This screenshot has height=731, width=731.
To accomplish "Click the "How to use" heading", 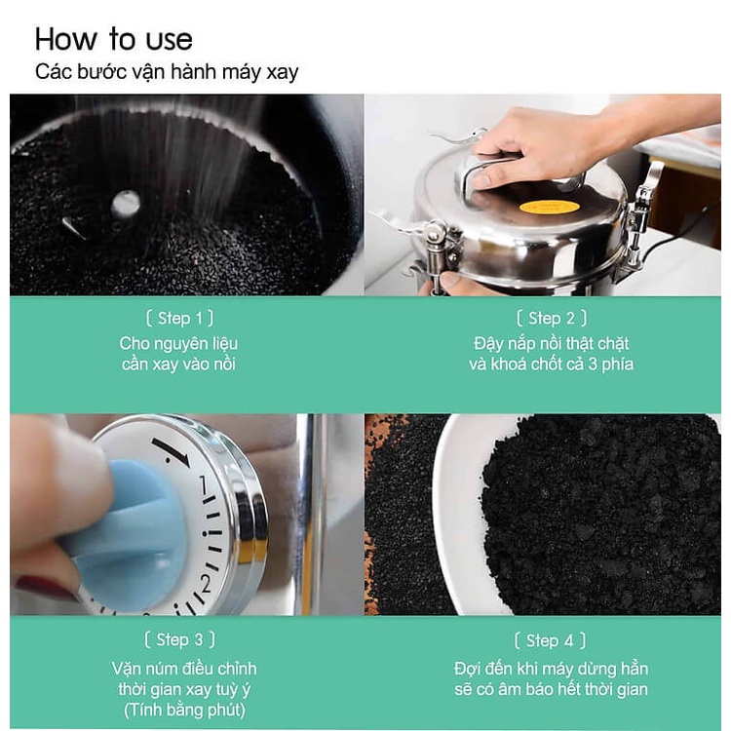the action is point(113,39).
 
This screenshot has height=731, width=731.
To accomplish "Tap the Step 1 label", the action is point(179,318).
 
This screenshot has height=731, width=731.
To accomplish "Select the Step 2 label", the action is point(551,318).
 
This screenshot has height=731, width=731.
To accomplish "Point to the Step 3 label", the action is point(179,639).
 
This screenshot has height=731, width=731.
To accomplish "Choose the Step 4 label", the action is point(550,640).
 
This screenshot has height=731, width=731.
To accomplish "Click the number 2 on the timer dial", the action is point(206,584).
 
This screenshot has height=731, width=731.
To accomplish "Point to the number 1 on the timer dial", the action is point(203,485).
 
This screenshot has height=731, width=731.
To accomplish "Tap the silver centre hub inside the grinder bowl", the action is point(126,205).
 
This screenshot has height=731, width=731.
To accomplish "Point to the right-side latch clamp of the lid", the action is point(641,210).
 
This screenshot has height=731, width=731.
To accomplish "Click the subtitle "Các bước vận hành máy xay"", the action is point(167,72).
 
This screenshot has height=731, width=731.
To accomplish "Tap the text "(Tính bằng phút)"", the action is point(184,710).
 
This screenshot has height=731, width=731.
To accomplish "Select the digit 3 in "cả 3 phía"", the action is point(592,364).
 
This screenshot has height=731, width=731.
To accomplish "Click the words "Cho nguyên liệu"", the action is point(178,344).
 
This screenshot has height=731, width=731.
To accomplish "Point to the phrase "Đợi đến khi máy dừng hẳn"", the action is point(551,669).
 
